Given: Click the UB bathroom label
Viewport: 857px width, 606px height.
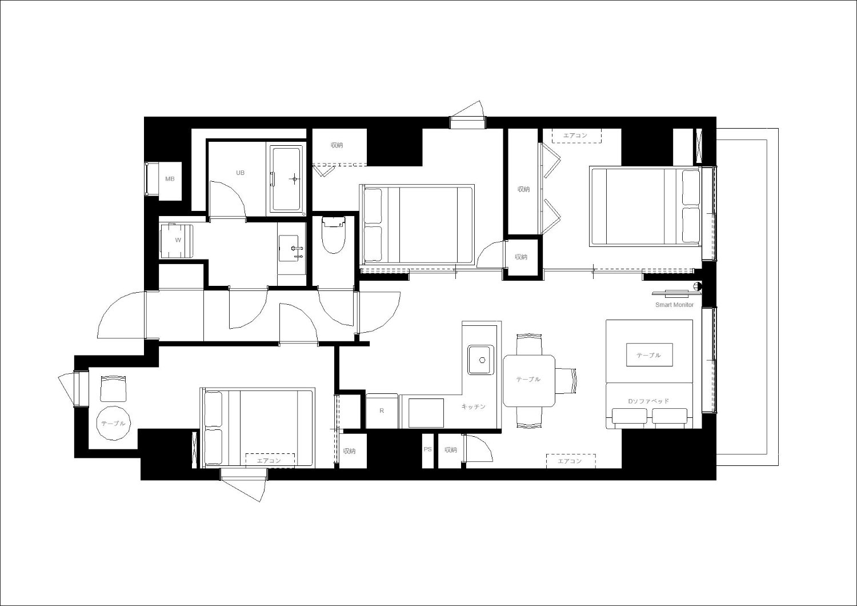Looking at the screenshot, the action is (241, 173).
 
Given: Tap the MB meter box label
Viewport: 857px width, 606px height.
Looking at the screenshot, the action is (170, 179).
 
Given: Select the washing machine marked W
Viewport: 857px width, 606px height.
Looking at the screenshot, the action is (177, 241).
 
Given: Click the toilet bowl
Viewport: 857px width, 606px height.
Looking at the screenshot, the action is (334, 235).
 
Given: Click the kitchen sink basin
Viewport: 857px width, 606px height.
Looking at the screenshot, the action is (480, 360).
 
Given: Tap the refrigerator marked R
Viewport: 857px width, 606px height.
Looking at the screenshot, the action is (382, 410).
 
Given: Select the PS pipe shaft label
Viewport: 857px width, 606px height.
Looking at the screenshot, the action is (428, 449).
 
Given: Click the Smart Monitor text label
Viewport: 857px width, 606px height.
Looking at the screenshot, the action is (675, 305).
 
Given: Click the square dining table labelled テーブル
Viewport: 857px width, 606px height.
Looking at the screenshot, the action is (528, 381).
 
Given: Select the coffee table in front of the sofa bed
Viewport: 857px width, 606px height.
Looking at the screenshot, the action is (649, 355).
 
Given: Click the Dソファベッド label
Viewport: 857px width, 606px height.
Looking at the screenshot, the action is (648, 401).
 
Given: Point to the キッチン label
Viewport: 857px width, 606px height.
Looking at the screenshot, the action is (473, 406).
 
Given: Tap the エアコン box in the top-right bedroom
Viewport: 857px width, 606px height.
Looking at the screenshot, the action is (576, 136).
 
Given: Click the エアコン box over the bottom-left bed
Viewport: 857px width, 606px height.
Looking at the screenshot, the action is (270, 461).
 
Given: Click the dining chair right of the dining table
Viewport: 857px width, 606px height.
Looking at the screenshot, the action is (566, 380).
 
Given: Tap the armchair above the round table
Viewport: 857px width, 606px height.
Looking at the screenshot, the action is (113, 388).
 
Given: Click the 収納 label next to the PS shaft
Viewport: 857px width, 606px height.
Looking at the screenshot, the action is (451, 450).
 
